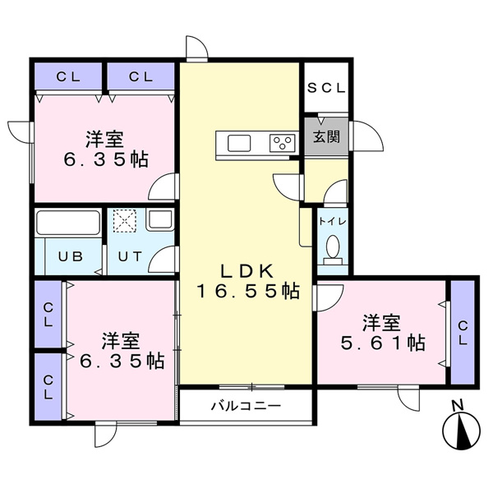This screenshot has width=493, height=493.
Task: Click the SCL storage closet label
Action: pos(326,88)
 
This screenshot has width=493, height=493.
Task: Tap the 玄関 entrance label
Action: pos(326,136)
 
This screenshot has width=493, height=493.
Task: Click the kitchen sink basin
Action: pos(239,143)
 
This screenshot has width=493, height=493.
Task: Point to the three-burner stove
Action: pos(283,143)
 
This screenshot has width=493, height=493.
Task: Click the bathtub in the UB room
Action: pos(68,223)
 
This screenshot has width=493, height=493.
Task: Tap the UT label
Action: pos(130,256)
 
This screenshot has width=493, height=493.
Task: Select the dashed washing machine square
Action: pos(125,221)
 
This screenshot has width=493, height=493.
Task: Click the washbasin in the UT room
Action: pos(160,220)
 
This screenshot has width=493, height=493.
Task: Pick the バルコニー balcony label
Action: pos(246,406)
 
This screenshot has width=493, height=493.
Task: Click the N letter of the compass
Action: pos(458,405)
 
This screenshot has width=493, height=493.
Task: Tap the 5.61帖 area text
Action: pos(383,343)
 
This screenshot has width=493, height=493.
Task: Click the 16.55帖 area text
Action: pos(248,292)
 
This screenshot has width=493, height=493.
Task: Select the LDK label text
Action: pos(247,271)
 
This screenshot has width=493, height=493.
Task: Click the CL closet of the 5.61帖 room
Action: pos(463,332)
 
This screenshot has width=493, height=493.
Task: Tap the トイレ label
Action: pos(333,222)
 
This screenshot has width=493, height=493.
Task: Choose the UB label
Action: pos(71,256)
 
